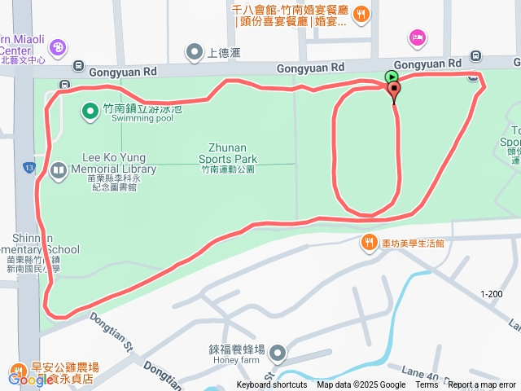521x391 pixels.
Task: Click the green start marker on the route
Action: coord(391,78)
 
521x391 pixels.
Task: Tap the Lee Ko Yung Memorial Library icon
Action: coord(58,171)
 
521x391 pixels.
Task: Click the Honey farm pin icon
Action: coord(278,353)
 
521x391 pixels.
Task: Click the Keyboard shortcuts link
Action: coord(272,385)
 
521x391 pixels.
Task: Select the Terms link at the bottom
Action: coord(427,385)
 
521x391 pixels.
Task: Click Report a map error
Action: coord(482,385)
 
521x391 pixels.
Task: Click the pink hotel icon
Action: coord(418,37)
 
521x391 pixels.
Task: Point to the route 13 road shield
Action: coord(28,167)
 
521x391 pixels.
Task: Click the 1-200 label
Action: coord(492,294)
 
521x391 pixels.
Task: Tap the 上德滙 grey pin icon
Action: coord(194,54)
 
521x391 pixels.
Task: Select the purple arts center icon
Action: coord(59,48)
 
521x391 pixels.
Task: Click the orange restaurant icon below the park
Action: coord(367,243)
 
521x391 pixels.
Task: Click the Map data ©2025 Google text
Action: coord(361,385)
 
